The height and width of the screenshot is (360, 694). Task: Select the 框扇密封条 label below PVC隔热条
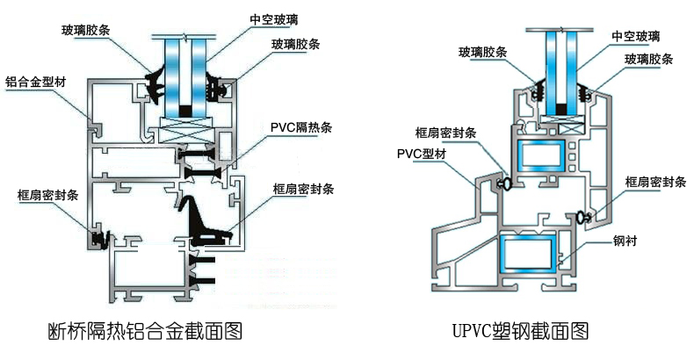point(302,188)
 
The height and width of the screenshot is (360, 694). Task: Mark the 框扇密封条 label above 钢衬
point(654,182)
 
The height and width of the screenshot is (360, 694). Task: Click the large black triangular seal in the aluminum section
point(199,220)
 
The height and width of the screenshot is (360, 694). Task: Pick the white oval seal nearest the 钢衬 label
point(583,215)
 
